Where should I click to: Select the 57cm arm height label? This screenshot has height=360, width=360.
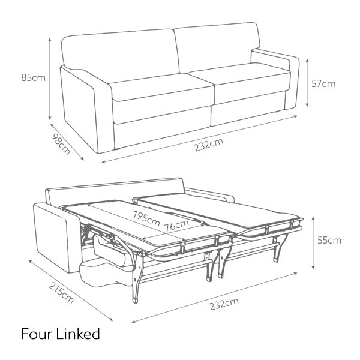tap(323, 83)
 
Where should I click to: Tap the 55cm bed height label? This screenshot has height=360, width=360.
tap(329, 241)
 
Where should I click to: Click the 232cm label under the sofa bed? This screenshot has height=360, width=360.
tap(223, 304)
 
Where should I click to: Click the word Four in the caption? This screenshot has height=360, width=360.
tap(37, 334)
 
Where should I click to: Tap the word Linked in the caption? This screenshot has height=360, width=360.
tap(78, 334)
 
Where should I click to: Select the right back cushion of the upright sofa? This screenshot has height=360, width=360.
tap(216, 48)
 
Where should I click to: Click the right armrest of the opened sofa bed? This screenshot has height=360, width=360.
tap(210, 196)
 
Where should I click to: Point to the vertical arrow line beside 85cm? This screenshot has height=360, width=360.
tap(50, 77)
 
